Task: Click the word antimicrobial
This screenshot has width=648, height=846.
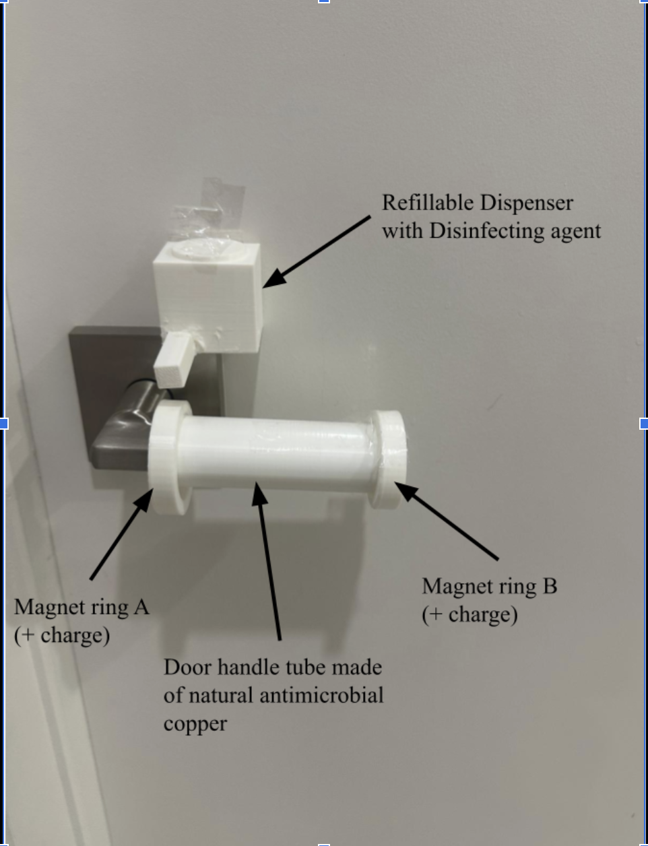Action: (321, 695)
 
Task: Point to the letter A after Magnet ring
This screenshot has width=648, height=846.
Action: (141, 607)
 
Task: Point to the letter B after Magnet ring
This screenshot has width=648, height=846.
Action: (550, 586)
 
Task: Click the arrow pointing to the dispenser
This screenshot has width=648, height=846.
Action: (317, 252)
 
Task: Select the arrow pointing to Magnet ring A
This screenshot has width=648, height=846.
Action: (121, 534)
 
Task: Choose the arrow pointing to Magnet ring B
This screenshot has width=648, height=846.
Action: (447, 521)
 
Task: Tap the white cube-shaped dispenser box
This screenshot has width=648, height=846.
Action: (207, 296)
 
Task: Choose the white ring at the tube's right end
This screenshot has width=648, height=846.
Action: (387, 459)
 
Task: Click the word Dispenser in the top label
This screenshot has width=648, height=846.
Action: (526, 203)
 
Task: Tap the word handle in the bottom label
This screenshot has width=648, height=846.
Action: (249, 668)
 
